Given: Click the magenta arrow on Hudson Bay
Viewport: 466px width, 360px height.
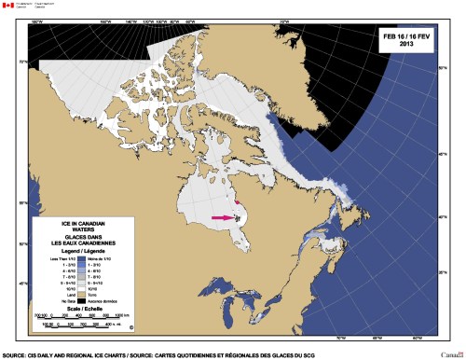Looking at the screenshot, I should [x=224, y=217].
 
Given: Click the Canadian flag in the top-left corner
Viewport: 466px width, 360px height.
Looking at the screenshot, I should [x=8, y=6].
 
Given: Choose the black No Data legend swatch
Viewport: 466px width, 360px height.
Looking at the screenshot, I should [x=81, y=301].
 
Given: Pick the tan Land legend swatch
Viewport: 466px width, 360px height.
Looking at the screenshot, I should [x=81, y=295].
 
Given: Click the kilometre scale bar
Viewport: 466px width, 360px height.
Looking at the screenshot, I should [x=84, y=317].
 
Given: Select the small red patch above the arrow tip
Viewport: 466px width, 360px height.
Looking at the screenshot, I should [x=238, y=201].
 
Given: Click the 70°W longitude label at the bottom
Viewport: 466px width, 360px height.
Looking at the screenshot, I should [x=338, y=338].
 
